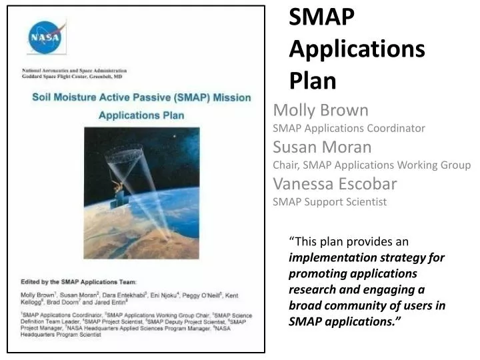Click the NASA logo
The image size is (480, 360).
pos(46,37)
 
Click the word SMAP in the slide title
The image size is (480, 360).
pos(322,18)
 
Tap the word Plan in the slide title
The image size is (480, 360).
pos(313,80)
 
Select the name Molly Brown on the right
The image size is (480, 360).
pos(321,110)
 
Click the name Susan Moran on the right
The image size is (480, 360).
pos(322,147)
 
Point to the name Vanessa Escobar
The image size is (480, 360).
pos(335,183)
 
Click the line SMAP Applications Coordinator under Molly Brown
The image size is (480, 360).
pos(349,128)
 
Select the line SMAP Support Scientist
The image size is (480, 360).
pos(329,201)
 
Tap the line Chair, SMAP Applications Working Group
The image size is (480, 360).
pos(371,165)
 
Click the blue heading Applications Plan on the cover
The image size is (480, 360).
pos(141,115)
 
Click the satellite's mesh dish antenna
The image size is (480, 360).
pos(124,154)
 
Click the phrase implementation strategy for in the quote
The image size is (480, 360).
pos(366,257)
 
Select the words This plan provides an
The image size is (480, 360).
pos(349,241)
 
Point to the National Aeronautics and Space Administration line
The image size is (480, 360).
pos(74,71)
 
